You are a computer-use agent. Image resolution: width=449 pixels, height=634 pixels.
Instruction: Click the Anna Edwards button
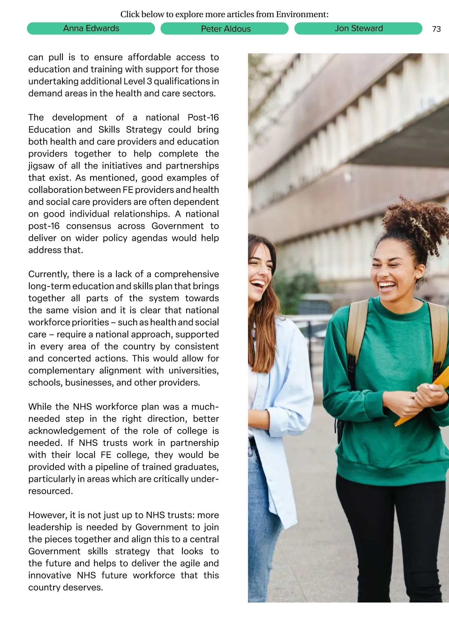tap(91, 28)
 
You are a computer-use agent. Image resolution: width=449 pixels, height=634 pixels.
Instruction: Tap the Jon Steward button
tap(358, 28)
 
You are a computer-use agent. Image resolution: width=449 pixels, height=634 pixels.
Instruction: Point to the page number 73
tap(436, 29)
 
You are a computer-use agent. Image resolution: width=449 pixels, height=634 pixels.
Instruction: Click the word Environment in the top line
tap(302, 15)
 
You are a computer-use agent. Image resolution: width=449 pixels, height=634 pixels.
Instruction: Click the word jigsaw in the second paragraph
tap(40, 166)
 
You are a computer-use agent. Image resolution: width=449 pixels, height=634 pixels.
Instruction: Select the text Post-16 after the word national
tap(203, 117)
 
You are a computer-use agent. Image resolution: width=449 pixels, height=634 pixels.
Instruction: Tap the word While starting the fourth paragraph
tap(40, 407)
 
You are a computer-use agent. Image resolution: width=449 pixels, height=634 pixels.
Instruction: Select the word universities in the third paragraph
tap(193, 370)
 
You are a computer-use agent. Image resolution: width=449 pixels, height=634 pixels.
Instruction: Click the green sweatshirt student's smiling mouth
tap(387, 287)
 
